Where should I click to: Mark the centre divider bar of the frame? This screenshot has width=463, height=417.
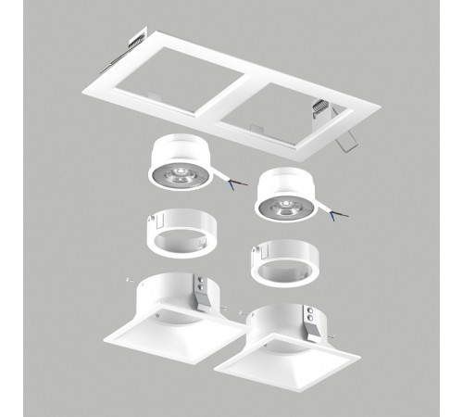[222, 101]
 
